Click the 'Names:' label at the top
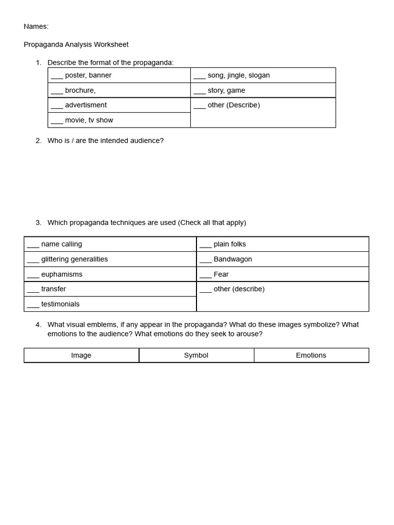(36, 27)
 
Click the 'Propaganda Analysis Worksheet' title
(76, 45)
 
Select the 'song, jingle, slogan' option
(238, 75)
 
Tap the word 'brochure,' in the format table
(80, 90)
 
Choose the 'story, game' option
(226, 90)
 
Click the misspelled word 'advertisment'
(86, 105)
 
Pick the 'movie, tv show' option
(89, 120)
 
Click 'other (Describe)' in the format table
(233, 105)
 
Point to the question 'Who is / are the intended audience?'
(105, 140)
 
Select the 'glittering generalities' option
(74, 259)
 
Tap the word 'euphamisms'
(62, 274)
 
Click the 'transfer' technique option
(53, 289)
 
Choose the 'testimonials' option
(60, 304)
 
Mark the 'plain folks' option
(229, 244)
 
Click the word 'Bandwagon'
(232, 259)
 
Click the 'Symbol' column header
(196, 355)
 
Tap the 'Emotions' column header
(311, 355)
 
